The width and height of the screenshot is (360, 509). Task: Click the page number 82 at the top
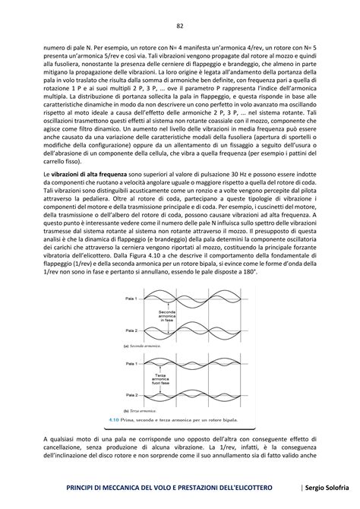pyautogui.click(x=180, y=26)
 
